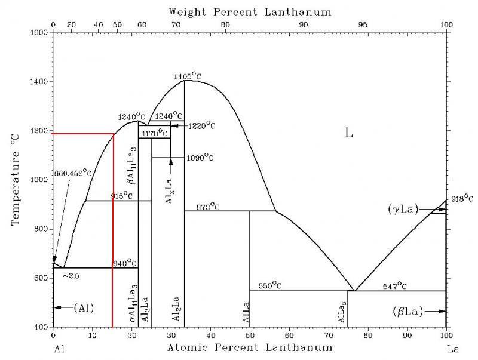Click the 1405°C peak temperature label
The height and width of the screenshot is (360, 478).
187,76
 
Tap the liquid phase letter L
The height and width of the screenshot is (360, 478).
350,133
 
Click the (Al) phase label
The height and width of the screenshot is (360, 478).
84,307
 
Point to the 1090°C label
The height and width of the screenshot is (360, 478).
200,158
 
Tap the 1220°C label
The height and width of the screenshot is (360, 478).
201,126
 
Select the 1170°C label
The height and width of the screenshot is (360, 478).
154,134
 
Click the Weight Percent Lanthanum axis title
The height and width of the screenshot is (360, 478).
249,11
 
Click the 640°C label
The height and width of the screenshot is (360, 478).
124,263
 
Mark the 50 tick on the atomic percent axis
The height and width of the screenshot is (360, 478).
250,337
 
